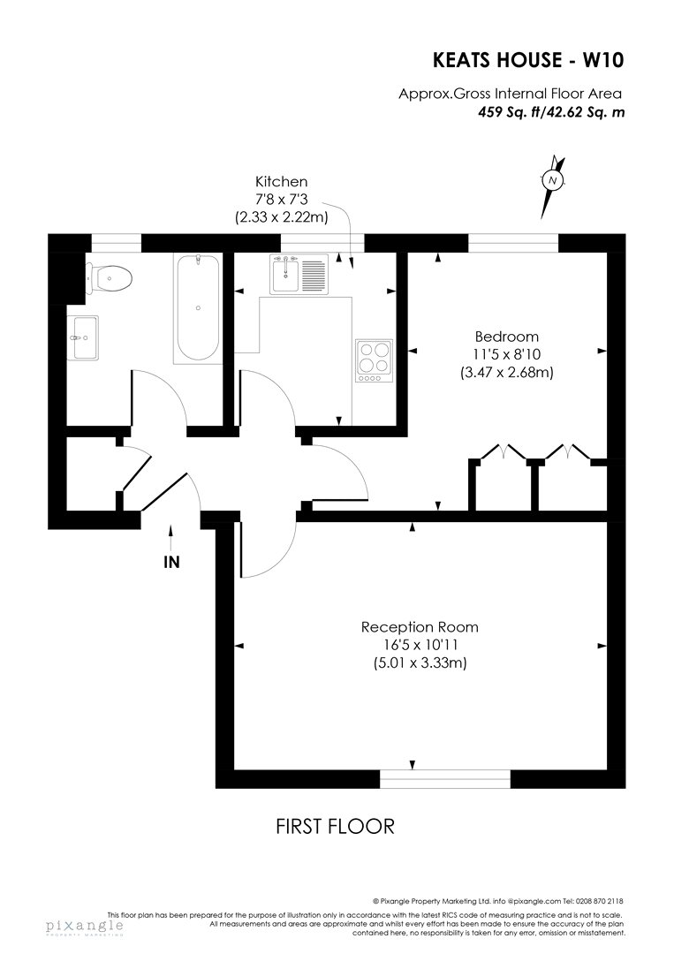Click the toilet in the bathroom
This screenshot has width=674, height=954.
[x=109, y=278]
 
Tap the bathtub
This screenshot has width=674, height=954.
[x=198, y=308]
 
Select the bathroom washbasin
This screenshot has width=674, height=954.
[x=83, y=337]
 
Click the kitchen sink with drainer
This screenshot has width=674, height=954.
[x=299, y=275]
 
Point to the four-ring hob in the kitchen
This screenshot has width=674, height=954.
[x=375, y=360]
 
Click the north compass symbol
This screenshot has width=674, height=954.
[x=552, y=181]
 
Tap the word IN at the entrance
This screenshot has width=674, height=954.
[x=172, y=562]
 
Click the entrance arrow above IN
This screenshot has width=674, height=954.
[x=171, y=538]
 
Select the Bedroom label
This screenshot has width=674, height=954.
[x=507, y=337]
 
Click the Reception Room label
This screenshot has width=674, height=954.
[x=420, y=626]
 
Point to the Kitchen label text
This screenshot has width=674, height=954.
[x=281, y=181]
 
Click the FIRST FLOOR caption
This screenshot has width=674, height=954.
[x=335, y=826]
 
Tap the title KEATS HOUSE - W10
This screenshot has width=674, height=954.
[x=528, y=60]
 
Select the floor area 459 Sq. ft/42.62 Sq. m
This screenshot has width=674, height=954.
[x=551, y=112]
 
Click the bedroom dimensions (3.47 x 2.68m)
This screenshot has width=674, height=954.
[x=507, y=373]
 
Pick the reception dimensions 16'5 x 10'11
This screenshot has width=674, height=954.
[x=420, y=645]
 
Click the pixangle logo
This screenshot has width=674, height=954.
[x=85, y=927]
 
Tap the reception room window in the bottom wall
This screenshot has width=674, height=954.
[x=445, y=779]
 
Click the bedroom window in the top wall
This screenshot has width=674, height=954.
[x=513, y=243]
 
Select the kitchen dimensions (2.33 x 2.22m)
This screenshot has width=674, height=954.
[x=281, y=217]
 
